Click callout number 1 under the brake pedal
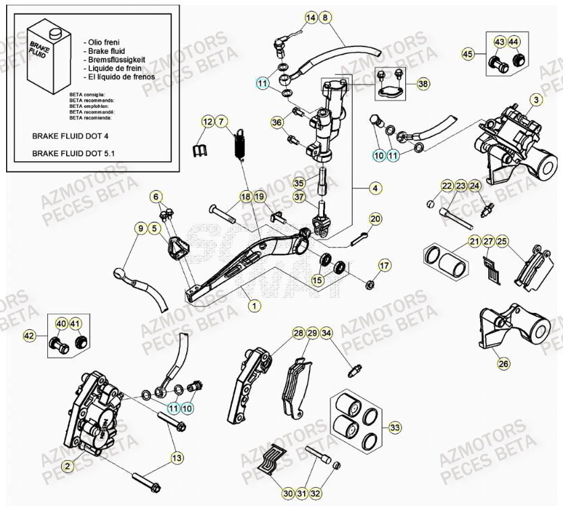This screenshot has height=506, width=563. pyautogui.click(x=254, y=306)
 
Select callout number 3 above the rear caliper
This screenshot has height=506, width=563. pyautogui.click(x=536, y=100)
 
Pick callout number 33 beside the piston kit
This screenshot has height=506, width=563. pyautogui.click(x=395, y=427)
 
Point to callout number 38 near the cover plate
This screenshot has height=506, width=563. pyautogui.click(x=423, y=84)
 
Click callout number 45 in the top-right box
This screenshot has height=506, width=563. pyautogui.click(x=468, y=53)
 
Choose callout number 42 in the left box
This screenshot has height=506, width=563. pyautogui.click(x=29, y=335)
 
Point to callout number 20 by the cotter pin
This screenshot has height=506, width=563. pyautogui.click(x=376, y=219)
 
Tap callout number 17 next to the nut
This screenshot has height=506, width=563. pyautogui.click(x=384, y=264)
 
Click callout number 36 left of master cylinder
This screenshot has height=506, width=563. pyautogui.click(x=277, y=122)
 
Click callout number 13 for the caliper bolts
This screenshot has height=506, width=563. pyautogui.click(x=176, y=458)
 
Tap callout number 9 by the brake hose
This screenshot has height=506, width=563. pyautogui.click(x=140, y=229)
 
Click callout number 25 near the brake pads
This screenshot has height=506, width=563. pyautogui.click(x=503, y=241)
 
